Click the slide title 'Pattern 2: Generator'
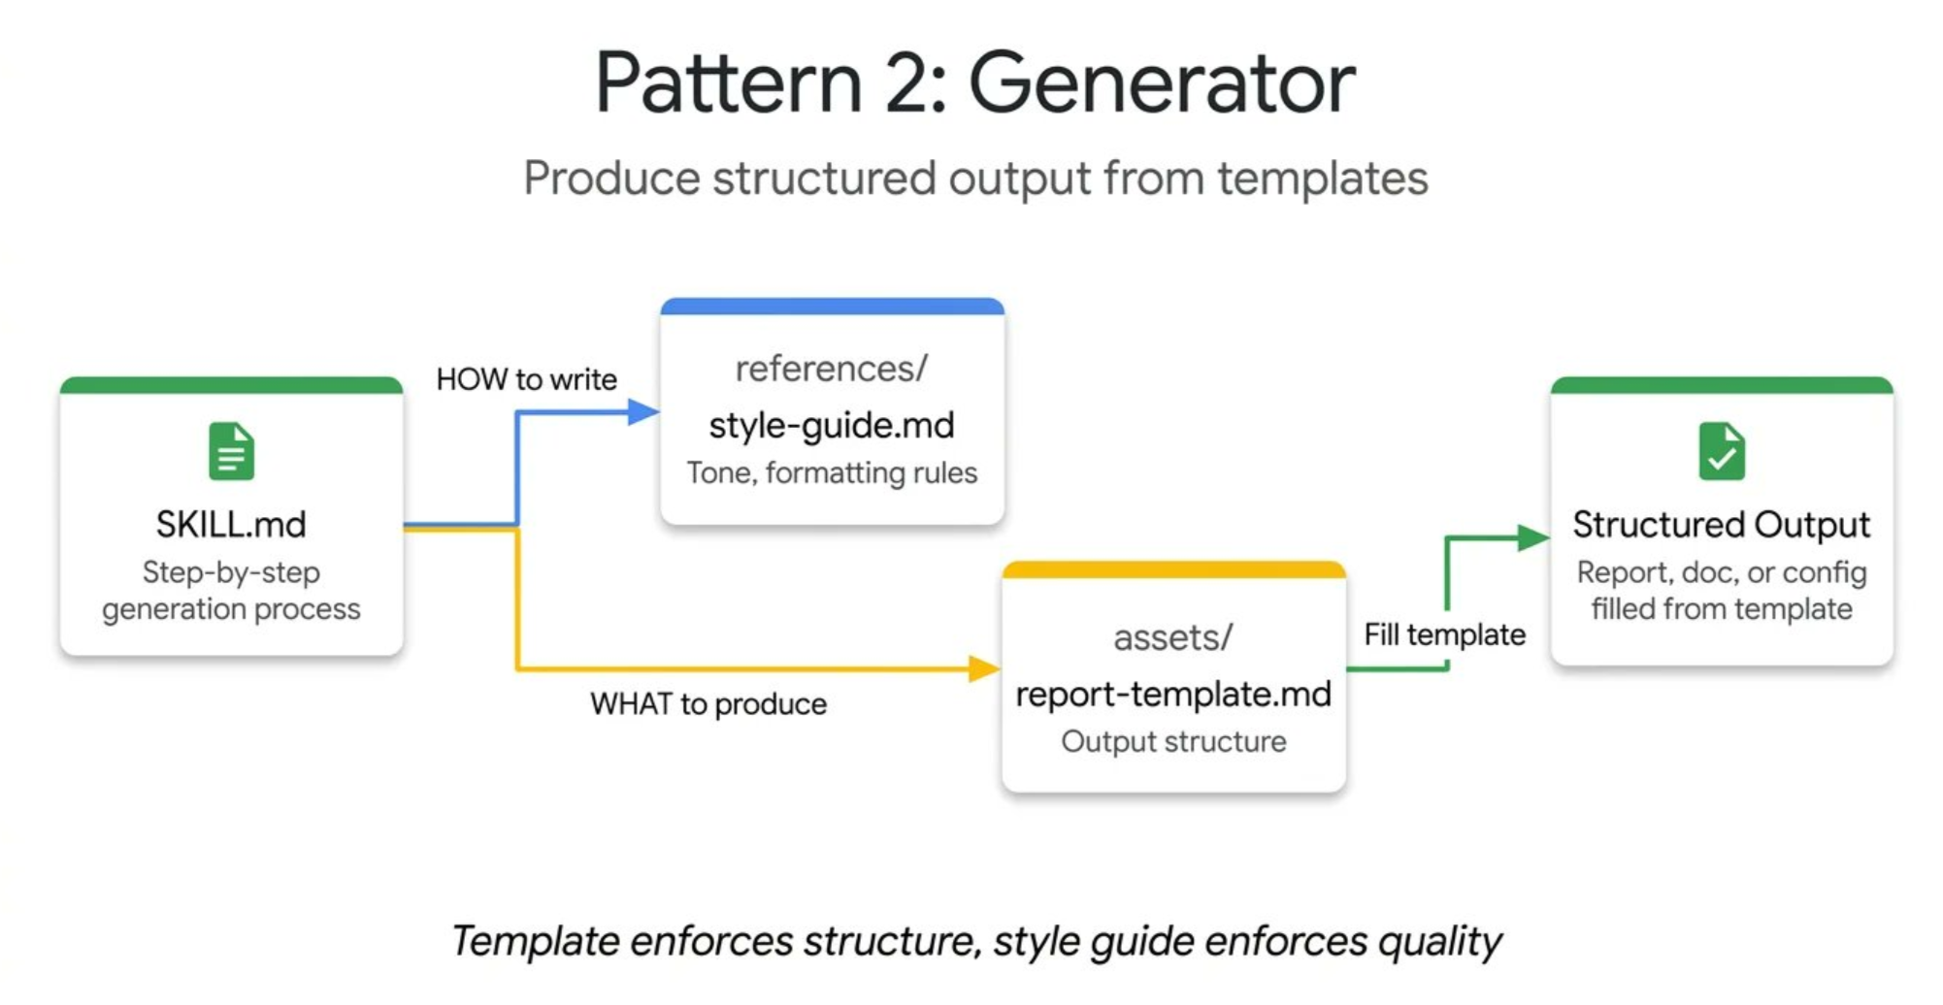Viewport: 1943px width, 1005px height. click(974, 83)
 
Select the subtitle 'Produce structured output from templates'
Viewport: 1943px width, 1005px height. click(975, 178)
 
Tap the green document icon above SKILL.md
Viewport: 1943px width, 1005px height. click(231, 451)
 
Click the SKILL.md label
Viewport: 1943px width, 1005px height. click(231, 525)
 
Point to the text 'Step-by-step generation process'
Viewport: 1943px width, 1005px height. click(231, 590)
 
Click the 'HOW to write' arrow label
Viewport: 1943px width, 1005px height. click(526, 378)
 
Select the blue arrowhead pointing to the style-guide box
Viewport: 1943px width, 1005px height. click(643, 412)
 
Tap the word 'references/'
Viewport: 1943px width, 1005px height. click(832, 369)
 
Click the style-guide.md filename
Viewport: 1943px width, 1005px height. click(832, 425)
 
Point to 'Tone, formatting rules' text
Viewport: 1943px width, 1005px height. click(832, 472)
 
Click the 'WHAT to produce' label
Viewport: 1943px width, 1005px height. click(708, 703)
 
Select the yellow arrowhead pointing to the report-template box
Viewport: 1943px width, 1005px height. click(984, 668)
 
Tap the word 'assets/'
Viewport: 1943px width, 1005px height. click(1173, 637)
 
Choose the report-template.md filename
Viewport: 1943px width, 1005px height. click(1173, 694)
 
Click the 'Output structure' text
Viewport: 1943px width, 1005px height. click(1173, 741)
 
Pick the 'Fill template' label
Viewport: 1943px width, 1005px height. click(1444, 634)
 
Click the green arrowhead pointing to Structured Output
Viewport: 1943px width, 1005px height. click(1533, 537)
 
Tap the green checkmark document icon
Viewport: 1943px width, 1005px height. click(1722, 451)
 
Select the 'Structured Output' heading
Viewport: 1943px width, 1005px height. click(1721, 525)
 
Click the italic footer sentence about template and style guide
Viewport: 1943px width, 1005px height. click(976, 941)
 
